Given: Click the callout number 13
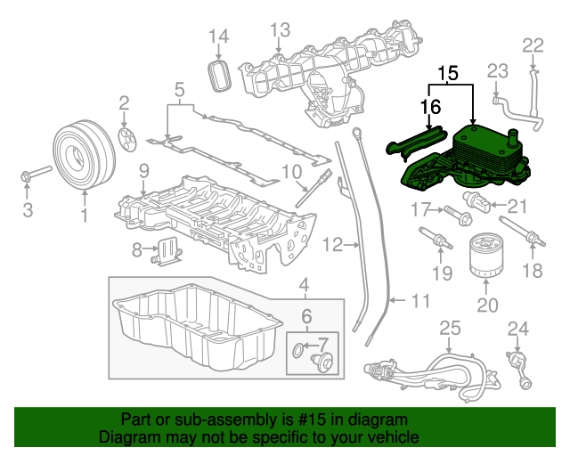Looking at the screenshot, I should pos(280,30).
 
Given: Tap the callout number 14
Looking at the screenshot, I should pos(218,36).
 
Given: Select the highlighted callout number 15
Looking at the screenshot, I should pos(451,73).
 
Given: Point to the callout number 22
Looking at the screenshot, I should pos(532,45).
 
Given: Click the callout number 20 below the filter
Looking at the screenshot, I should pos(486,305).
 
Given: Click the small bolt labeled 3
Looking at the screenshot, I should pos(31,175).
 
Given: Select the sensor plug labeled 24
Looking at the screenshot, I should pos(522,371).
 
